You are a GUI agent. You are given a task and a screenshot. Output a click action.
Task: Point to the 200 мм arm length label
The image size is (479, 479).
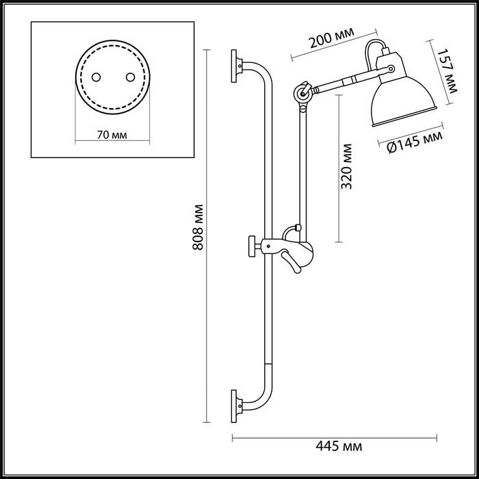point(331,40)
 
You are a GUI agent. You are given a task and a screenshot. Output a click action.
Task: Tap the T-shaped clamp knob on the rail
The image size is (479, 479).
point(253,244)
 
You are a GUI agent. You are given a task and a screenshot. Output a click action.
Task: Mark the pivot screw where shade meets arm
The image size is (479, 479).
point(390,68)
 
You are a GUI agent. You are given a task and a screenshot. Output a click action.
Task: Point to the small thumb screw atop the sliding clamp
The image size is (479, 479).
point(298,226)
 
